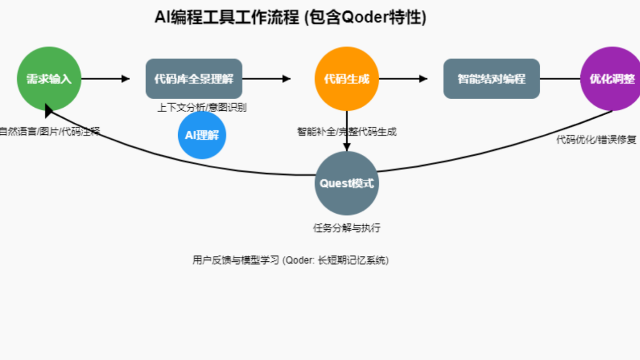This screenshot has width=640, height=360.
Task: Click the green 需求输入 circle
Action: (x=49, y=79)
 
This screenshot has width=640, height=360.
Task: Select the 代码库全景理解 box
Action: (x=194, y=79)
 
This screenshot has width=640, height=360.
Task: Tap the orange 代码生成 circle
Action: (x=347, y=79)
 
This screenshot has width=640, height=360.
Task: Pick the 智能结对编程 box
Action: (x=491, y=79)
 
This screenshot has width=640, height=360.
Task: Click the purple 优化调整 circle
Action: (x=611, y=79)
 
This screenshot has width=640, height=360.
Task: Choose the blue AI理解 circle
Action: (x=202, y=135)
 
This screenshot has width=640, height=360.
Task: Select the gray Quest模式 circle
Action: (x=347, y=183)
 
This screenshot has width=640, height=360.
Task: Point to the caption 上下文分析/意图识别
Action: (x=202, y=108)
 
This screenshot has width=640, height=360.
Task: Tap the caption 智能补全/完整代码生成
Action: (x=347, y=132)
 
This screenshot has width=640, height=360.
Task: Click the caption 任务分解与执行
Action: (x=347, y=228)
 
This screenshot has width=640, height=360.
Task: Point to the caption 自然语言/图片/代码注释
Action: (x=49, y=132)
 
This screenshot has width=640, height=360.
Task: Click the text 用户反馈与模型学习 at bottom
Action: (x=235, y=261)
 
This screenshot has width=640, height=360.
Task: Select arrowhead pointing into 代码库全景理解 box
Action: (x=126, y=79)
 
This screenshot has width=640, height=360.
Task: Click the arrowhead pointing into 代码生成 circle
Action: (x=286, y=79)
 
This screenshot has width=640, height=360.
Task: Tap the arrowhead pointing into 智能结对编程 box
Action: (x=423, y=79)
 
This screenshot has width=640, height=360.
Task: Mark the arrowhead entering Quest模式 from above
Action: (x=347, y=147)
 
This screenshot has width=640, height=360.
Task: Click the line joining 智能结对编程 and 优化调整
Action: (x=560, y=79)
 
